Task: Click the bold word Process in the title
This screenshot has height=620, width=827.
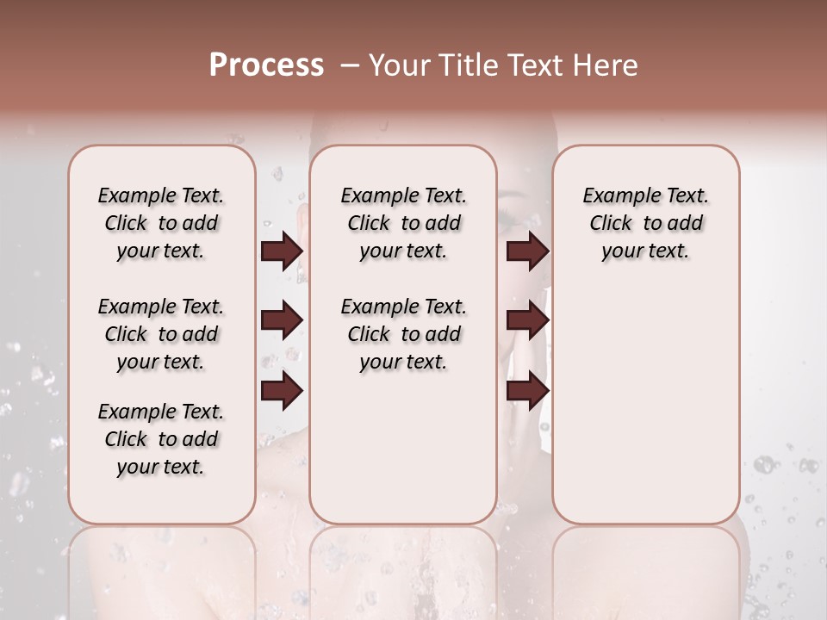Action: click(x=266, y=65)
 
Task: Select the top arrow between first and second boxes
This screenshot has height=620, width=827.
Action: click(x=282, y=251)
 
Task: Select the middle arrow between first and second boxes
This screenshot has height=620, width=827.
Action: click(x=282, y=320)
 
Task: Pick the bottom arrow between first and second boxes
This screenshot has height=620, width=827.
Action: click(x=282, y=391)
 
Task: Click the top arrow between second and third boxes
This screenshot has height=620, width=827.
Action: click(x=527, y=251)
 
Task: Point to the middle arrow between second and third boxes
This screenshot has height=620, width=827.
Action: click(x=527, y=320)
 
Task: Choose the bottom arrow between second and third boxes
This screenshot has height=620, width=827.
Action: click(x=527, y=391)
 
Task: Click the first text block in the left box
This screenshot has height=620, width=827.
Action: click(x=161, y=223)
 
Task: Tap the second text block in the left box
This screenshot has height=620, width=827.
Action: click(x=161, y=334)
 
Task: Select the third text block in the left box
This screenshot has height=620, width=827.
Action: click(x=161, y=439)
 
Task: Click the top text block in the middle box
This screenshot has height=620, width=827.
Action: click(x=404, y=223)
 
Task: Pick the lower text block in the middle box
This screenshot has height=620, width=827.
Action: click(x=404, y=334)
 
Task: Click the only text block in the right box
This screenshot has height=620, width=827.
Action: click(x=646, y=223)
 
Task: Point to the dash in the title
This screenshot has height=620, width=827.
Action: click(x=349, y=65)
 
